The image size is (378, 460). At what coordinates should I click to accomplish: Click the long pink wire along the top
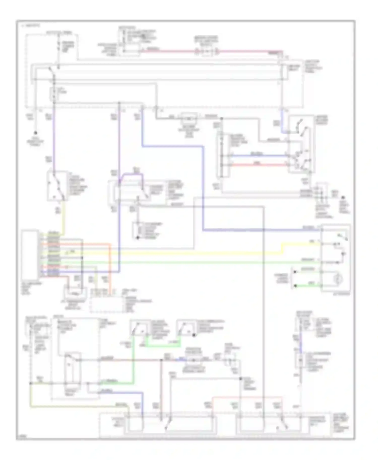(171, 52)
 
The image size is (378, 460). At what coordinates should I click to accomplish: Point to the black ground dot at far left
(36, 133)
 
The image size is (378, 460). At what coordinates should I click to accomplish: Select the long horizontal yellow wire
(176, 253)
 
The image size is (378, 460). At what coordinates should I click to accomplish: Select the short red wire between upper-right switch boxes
(257, 165)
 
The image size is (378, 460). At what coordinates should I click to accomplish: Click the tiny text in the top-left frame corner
(30, 25)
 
